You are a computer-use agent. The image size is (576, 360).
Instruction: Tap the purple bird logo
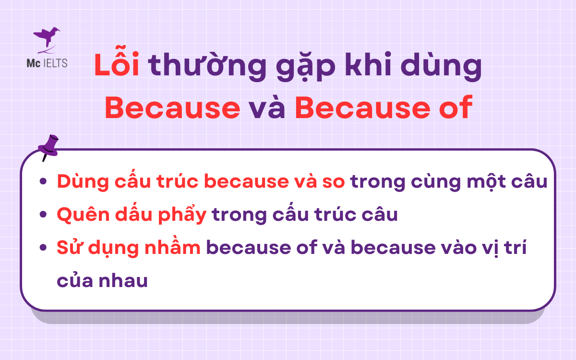click(x=47, y=38)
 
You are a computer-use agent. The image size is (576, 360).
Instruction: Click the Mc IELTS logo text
click(x=47, y=63)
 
